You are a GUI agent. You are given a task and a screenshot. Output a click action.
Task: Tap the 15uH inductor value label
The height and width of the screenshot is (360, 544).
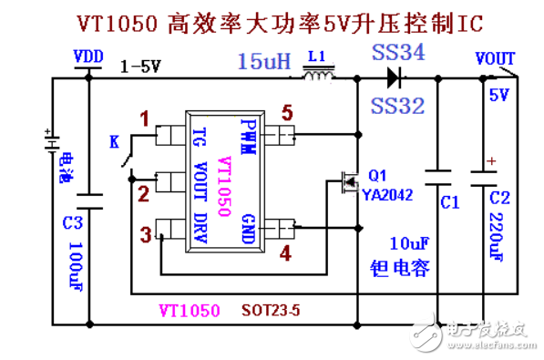[x=264, y=61]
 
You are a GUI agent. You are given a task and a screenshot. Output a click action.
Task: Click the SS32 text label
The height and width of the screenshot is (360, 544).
[x=398, y=106]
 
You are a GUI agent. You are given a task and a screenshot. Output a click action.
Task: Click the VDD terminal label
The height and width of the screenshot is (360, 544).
[x=88, y=57]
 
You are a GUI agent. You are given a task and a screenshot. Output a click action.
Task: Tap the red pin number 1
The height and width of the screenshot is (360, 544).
[x=143, y=118]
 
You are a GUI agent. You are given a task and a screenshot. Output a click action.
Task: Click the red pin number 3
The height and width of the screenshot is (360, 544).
[x=146, y=235]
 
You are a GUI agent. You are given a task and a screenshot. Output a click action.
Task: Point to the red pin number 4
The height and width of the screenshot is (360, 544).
[x=286, y=252]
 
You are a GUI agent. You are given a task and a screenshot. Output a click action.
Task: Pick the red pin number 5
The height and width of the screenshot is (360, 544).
[x=286, y=114]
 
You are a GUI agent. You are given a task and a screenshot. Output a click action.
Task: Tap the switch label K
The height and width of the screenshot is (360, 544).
[x=114, y=141]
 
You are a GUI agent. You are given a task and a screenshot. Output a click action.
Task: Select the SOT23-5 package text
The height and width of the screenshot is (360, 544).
[x=272, y=310]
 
